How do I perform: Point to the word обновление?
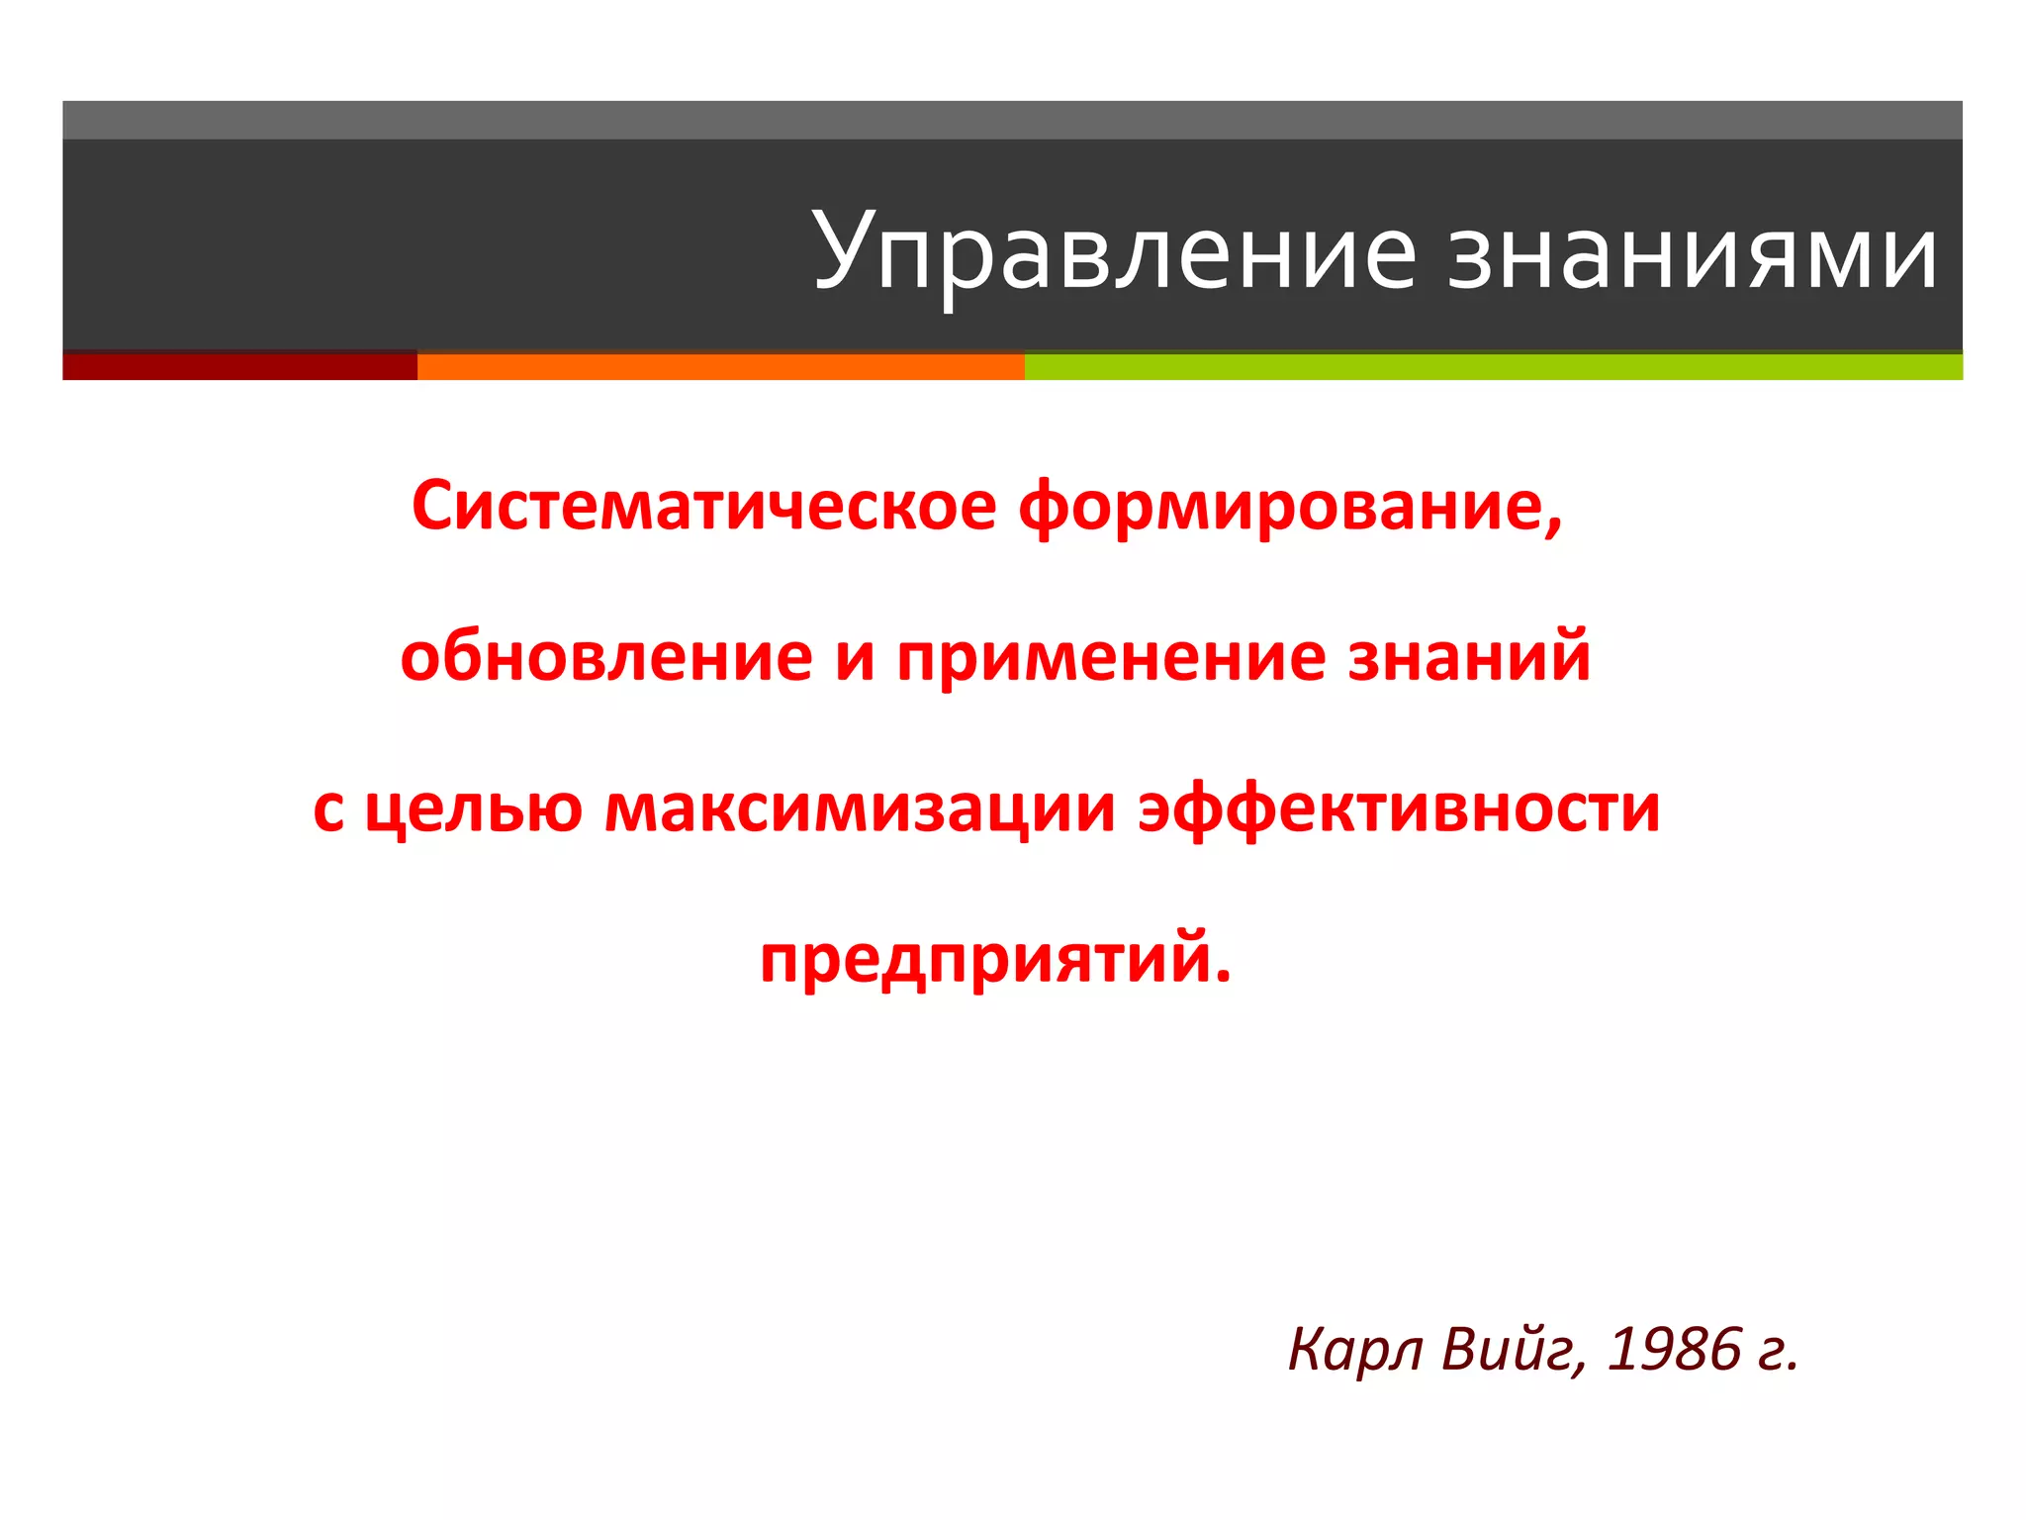(x=606, y=658)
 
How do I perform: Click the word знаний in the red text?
(x=1469, y=658)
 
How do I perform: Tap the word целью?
(x=474, y=810)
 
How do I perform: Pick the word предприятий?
(x=995, y=960)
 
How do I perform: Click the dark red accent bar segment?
(x=239, y=366)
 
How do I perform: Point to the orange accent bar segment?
(x=720, y=366)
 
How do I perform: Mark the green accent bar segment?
(x=1493, y=366)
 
